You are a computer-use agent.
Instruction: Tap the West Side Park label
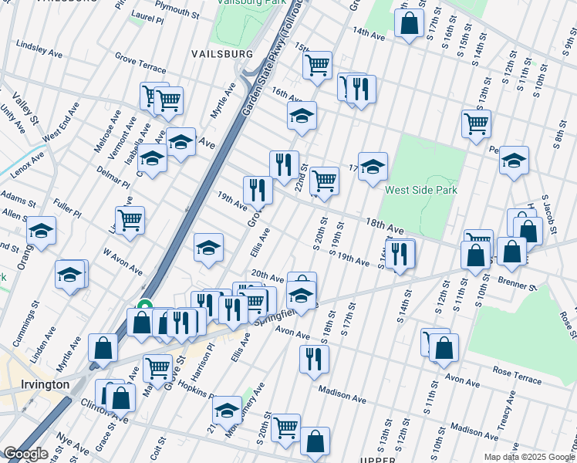click(x=421, y=190)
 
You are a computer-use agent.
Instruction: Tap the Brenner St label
click(x=517, y=281)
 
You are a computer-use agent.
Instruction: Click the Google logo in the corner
click(x=25, y=454)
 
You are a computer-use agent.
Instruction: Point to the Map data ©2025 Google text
click(x=528, y=457)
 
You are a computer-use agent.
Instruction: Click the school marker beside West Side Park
click(x=373, y=166)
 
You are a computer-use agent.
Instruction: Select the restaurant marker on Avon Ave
click(x=314, y=359)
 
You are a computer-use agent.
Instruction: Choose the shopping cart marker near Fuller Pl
click(x=130, y=219)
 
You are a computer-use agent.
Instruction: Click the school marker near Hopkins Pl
click(x=226, y=410)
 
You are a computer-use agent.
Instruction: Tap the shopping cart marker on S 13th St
click(x=476, y=122)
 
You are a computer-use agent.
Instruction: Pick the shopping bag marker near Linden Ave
click(x=103, y=348)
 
